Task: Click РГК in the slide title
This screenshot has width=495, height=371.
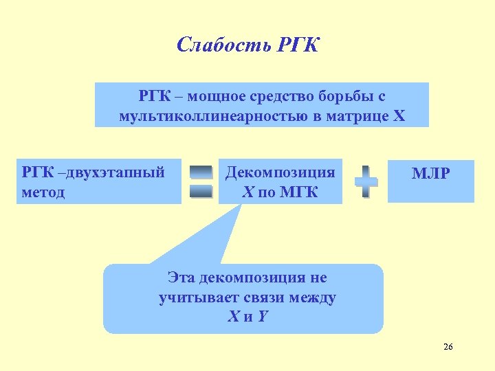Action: pyautogui.click(x=299, y=45)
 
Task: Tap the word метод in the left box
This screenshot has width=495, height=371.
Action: pyautogui.click(x=43, y=192)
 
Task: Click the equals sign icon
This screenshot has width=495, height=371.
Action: pyautogui.click(x=201, y=181)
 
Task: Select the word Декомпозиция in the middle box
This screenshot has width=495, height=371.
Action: pyautogui.click(x=280, y=172)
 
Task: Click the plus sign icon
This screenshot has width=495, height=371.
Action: pyautogui.click(x=366, y=181)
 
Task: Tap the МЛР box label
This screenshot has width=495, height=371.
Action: pyautogui.click(x=430, y=174)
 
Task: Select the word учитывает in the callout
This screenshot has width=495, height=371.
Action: pyautogui.click(x=196, y=297)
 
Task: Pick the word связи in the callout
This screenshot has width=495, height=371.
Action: pyautogui.click(x=263, y=297)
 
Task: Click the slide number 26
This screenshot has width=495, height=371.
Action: pyautogui.click(x=448, y=347)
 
